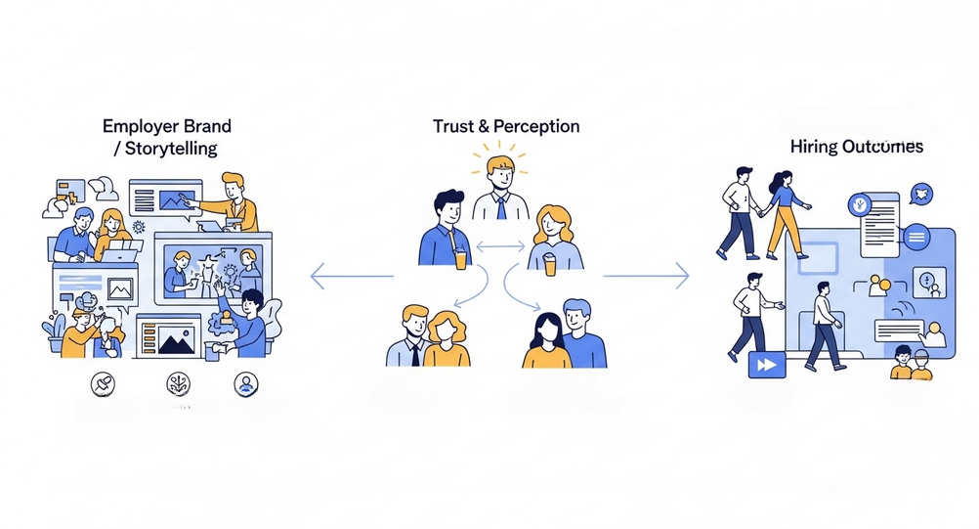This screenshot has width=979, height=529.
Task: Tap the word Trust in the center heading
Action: (454, 127)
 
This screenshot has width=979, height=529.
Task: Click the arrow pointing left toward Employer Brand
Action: (352, 278)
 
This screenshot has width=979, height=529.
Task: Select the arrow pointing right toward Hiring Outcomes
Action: (645, 278)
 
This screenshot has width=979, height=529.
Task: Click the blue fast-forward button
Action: (765, 364)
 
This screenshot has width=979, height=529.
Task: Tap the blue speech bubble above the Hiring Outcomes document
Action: (919, 193)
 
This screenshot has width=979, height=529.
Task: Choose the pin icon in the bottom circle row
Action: (101, 383)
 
